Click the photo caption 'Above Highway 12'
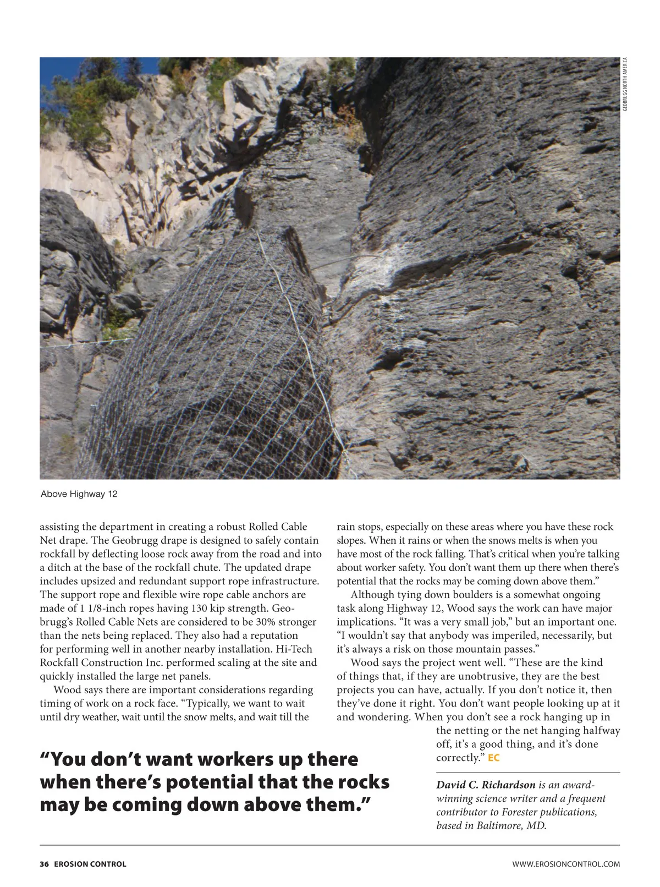79,494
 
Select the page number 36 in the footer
44,864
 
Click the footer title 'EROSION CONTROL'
90,864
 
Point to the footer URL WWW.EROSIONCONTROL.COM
565,864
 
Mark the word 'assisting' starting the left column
59,527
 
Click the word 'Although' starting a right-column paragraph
371,595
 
